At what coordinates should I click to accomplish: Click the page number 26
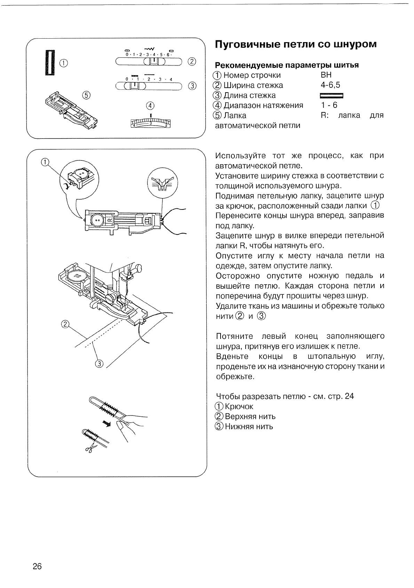(37, 566)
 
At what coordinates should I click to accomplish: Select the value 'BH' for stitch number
(326, 75)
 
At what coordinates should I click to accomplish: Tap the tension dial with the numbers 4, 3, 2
(151, 123)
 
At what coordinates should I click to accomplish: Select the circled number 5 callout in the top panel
(86, 95)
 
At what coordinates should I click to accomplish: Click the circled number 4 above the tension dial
(150, 106)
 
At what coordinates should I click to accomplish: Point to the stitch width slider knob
(152, 62)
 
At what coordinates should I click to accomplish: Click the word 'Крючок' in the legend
(239, 406)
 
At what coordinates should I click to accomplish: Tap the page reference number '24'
(349, 396)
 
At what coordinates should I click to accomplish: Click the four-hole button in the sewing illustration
(77, 277)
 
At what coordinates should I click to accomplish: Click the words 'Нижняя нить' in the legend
(249, 427)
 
